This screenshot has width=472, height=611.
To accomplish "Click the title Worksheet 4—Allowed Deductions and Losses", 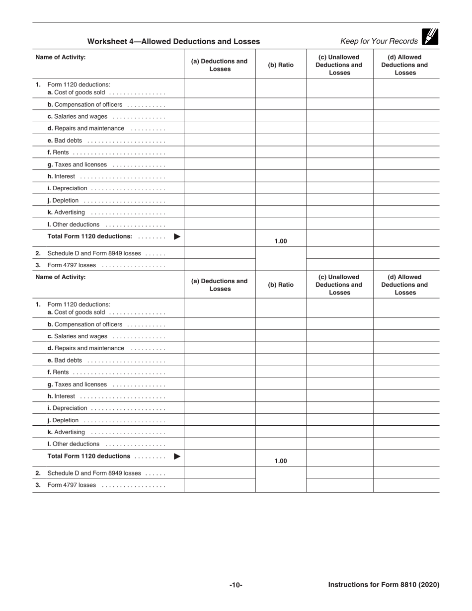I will [x=173, y=42].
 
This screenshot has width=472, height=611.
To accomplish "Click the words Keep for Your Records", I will [x=379, y=41].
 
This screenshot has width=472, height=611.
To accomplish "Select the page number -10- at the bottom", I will [x=236, y=585].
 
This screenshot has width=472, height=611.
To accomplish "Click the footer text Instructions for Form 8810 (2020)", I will [x=384, y=585].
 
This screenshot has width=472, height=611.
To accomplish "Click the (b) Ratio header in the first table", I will [x=281, y=65].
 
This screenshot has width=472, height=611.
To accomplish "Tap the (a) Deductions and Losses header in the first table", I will [x=219, y=65].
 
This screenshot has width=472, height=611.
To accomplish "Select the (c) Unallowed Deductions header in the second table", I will [x=339, y=285].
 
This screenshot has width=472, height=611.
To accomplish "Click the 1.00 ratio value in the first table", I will [x=281, y=241].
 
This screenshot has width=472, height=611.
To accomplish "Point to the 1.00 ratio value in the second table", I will [x=281, y=461].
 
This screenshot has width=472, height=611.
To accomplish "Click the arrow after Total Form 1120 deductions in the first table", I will [x=177, y=236].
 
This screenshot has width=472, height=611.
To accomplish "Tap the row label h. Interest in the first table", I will [x=61, y=176].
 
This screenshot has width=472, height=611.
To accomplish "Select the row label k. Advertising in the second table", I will [x=66, y=432].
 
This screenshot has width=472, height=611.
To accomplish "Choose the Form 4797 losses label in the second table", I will [x=72, y=485].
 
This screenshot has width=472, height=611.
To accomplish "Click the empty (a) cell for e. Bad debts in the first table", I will [x=220, y=140].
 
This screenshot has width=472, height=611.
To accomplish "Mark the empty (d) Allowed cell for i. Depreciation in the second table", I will [x=406, y=408].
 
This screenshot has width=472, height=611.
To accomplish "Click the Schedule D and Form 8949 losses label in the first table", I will [x=94, y=253].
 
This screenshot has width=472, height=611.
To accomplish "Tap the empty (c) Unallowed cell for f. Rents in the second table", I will [x=339, y=372].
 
